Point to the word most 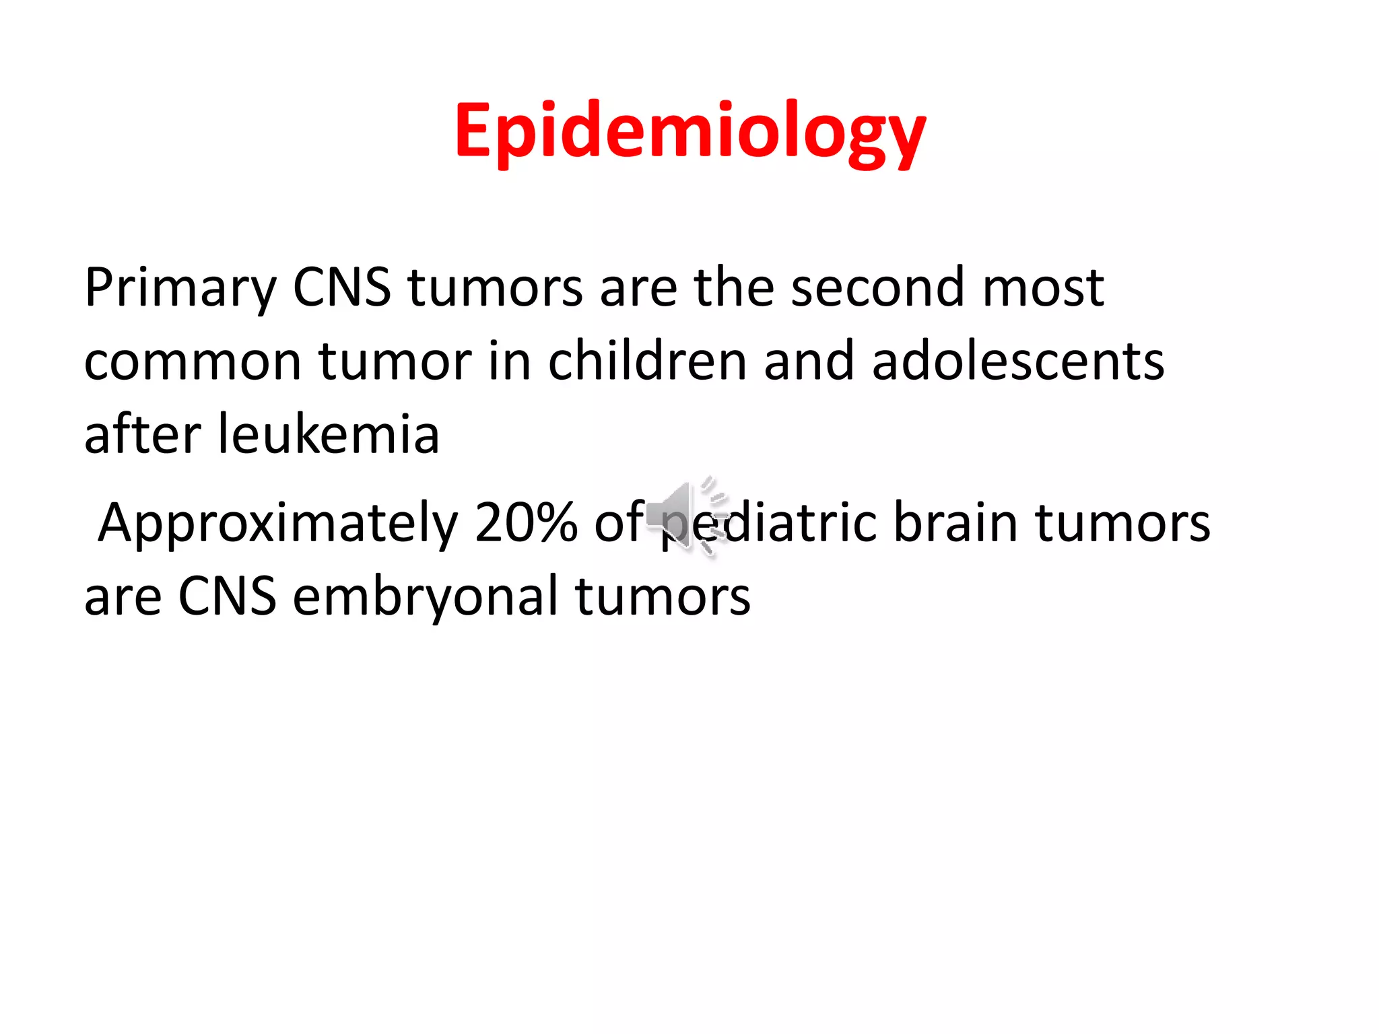1043,287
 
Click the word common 193,361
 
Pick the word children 647,361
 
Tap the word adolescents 1017,361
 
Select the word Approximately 277,524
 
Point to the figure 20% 526,523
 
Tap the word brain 955,523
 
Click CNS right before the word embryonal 227,597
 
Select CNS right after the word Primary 341,287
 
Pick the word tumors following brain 1122,523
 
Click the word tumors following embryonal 663,597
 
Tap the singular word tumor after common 395,361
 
